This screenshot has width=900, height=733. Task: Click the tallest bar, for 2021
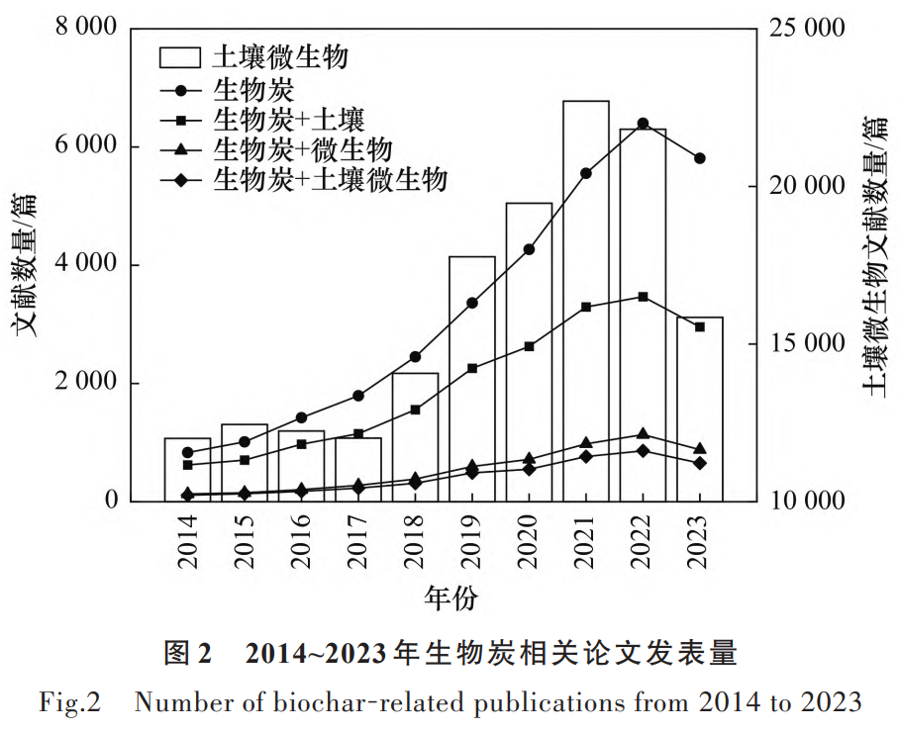[585, 301]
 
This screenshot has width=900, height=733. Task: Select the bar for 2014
[187, 469]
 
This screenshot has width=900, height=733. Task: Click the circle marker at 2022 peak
[643, 124]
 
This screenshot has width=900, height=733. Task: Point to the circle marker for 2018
[415, 357]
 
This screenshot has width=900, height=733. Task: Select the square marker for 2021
[586, 308]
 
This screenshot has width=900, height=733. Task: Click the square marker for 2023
[699, 326]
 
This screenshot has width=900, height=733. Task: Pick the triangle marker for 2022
[643, 434]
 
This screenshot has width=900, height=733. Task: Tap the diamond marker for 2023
[699, 463]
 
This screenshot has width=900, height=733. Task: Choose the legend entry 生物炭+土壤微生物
[331, 180]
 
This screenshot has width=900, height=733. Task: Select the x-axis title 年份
[450, 597]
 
